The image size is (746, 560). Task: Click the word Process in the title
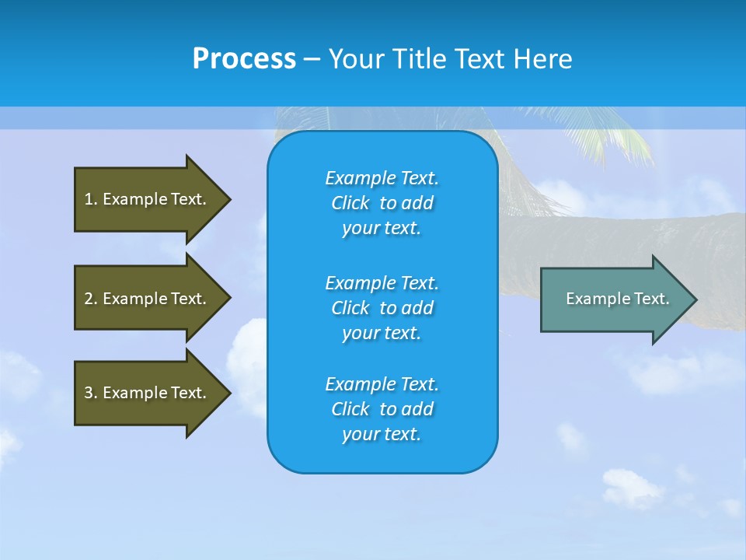244,59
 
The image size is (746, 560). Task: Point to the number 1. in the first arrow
91,199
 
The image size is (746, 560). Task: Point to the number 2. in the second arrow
91,299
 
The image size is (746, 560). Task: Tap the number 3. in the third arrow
91,393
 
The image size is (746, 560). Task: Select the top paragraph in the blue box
382,203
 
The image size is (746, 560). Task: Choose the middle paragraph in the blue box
382,307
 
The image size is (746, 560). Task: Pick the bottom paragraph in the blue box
382,409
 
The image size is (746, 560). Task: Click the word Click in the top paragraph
350,203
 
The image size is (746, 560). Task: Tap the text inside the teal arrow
617,299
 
